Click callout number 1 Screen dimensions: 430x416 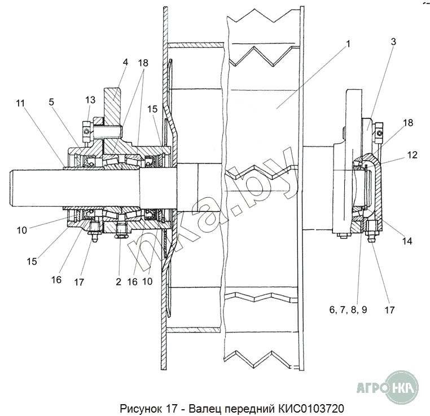coord(348,44)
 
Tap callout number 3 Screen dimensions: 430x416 coord(393,42)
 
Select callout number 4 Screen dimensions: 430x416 coord(125,62)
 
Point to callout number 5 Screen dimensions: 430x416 coord(51,102)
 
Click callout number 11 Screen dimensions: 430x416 coord(20,103)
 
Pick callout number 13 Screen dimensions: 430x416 coord(90,100)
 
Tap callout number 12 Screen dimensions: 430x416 coord(412,155)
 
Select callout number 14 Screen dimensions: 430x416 coord(407,241)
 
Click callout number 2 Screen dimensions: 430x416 coord(119,281)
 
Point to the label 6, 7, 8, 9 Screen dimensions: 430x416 coord(348,309)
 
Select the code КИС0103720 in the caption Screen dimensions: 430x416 coord(311,409)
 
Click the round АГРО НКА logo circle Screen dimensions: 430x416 coord(402,387)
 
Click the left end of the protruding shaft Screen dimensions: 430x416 coord(10,188)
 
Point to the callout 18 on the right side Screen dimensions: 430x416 coord(408,123)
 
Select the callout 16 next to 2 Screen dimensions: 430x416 coord(133,281)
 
